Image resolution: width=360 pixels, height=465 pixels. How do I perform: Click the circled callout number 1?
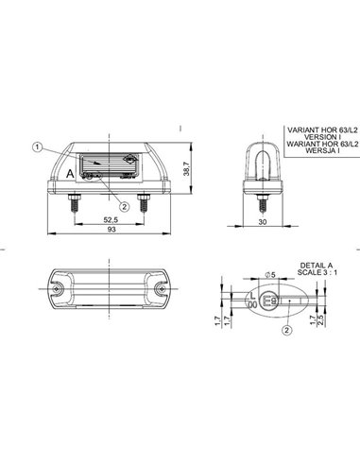click(x=37, y=146)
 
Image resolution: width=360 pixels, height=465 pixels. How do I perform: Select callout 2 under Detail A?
click(x=285, y=331)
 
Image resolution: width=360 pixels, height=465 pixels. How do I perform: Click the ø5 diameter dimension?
click(x=268, y=274)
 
